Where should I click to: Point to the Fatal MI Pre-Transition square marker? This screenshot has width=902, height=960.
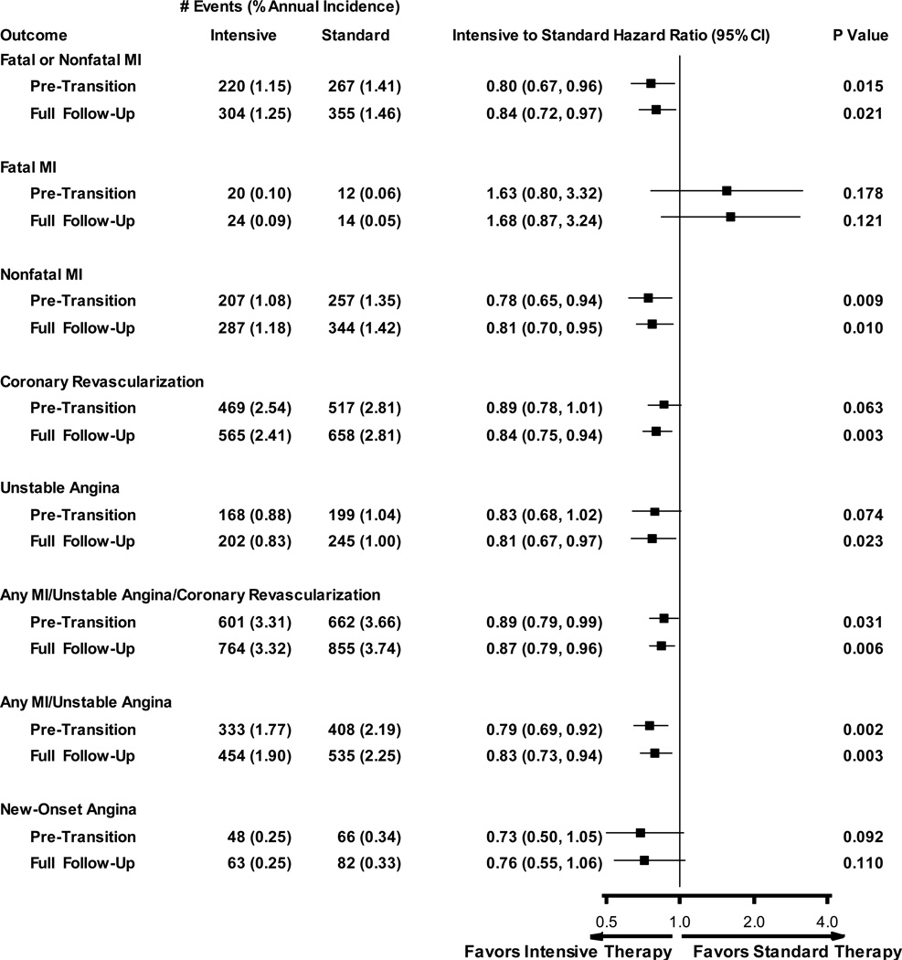point(727,191)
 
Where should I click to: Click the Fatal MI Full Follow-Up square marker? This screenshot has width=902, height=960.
point(730,217)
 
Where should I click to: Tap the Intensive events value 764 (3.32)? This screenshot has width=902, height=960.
point(250,649)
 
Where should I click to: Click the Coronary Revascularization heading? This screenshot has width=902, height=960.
point(101,381)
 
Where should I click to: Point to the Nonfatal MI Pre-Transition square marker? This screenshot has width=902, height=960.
point(648,298)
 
